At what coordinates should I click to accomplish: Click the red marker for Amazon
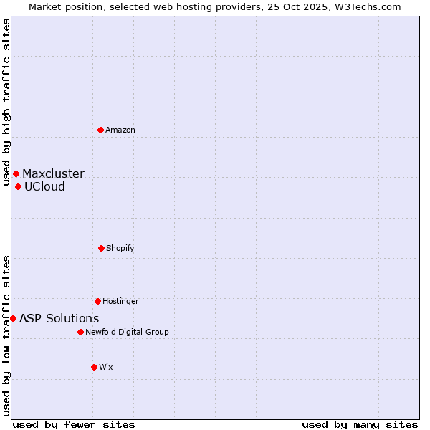pyautogui.click(x=101, y=130)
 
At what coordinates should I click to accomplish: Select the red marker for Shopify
pyautogui.click(x=101, y=248)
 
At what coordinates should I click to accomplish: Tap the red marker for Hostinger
pyautogui.click(x=97, y=301)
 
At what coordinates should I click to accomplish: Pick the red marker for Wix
pyautogui.click(x=94, y=367)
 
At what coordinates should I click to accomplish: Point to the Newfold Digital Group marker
pyautogui.click(x=80, y=332)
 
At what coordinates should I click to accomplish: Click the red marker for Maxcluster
pyautogui.click(x=16, y=173)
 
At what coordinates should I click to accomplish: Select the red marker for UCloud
pyautogui.click(x=18, y=186)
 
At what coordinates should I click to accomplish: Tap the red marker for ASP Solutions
pyautogui.click(x=13, y=318)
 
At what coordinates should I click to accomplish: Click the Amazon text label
pyautogui.click(x=120, y=130)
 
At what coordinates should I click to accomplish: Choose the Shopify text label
pyautogui.click(x=120, y=248)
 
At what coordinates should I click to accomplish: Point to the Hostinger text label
pyautogui.click(x=120, y=301)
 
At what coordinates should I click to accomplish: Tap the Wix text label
pyautogui.click(x=106, y=367)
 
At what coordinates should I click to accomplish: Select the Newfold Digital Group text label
pyautogui.click(x=127, y=332)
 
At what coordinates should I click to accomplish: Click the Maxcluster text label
pyautogui.click(x=53, y=173)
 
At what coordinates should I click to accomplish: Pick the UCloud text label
pyautogui.click(x=44, y=186)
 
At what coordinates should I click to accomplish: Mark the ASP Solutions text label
pyautogui.click(x=59, y=318)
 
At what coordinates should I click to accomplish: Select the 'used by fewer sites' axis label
pyautogui.click(x=74, y=424)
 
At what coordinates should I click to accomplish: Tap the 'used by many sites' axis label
pyautogui.click(x=360, y=424)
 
